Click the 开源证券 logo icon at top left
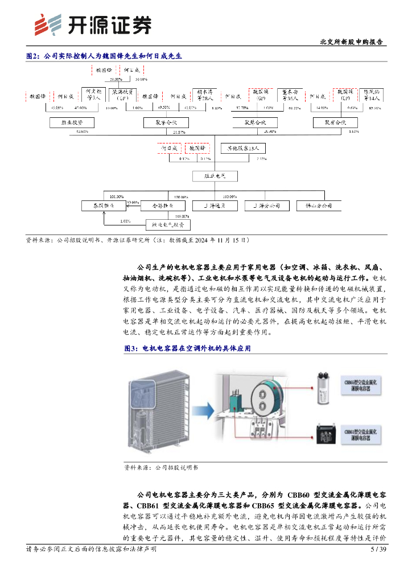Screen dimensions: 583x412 [x=47, y=24]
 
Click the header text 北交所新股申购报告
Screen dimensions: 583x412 [x=351, y=42]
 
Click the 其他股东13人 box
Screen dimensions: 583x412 [x=243, y=148]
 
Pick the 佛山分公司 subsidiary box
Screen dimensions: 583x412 [x=319, y=205]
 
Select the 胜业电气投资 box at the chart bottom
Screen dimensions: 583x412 [x=168, y=224]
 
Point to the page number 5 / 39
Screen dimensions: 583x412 [x=378, y=549]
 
